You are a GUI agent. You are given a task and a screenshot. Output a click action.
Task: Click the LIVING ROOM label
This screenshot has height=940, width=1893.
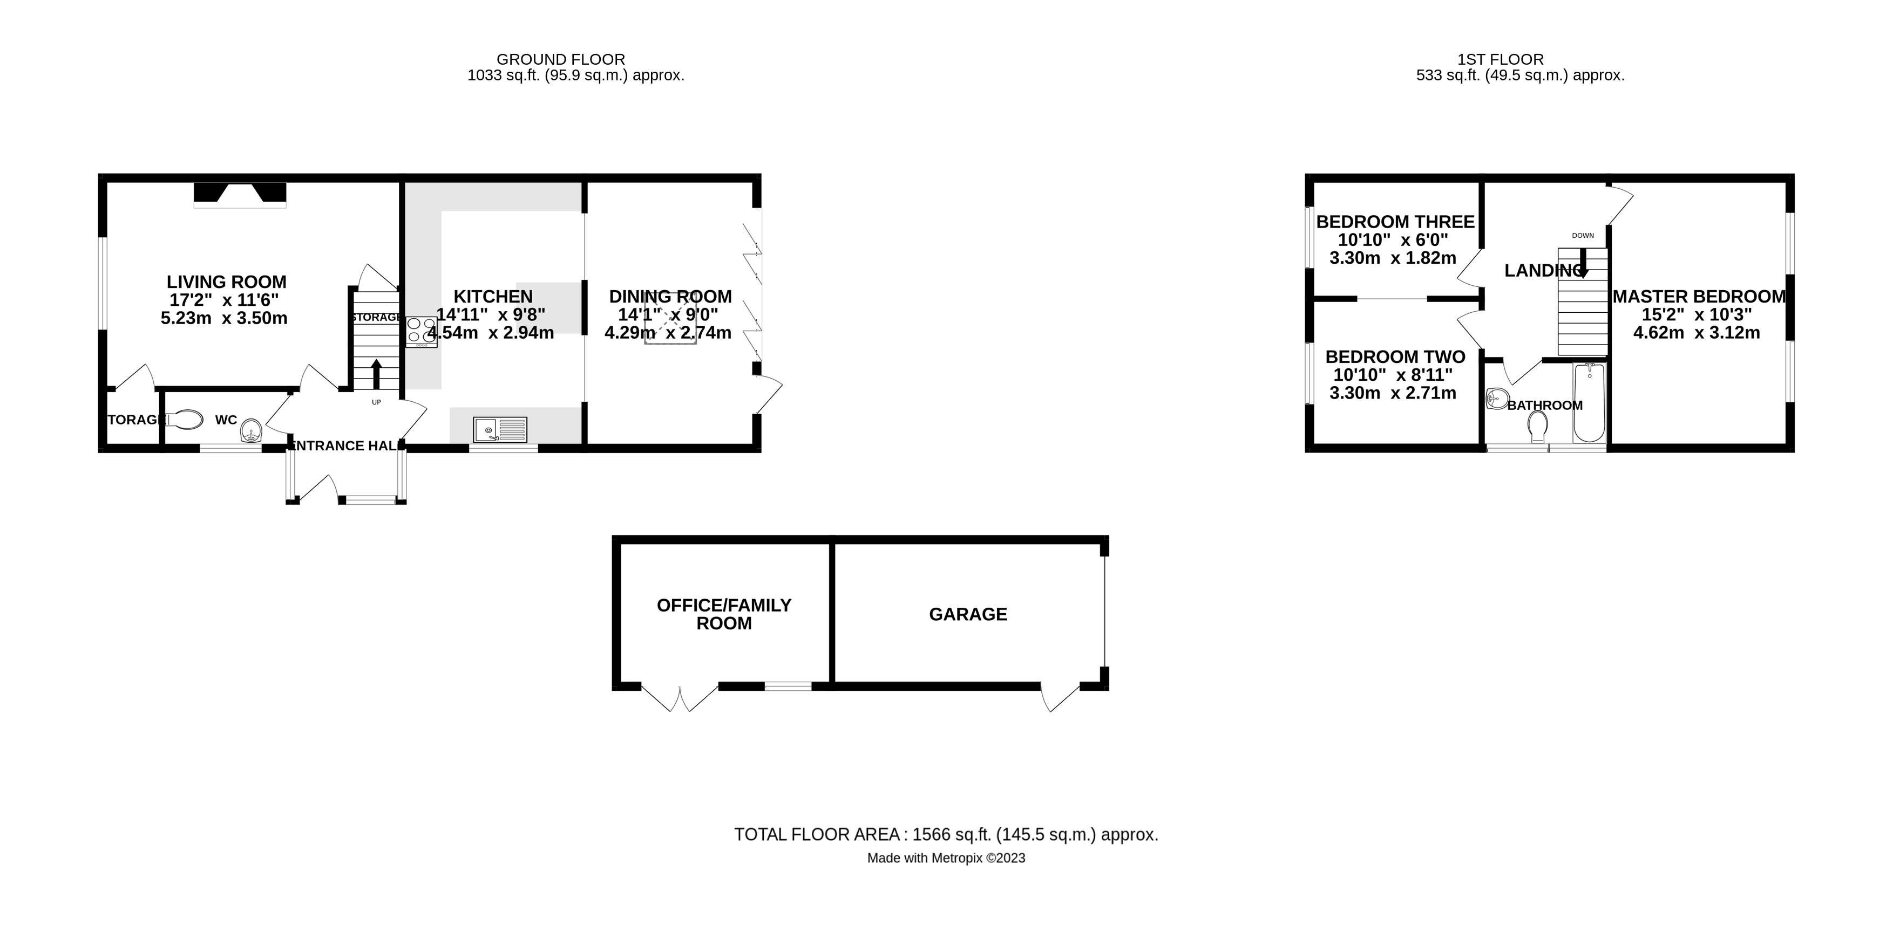click(226, 282)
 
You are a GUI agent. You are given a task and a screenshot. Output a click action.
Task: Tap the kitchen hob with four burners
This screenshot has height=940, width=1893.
click(421, 331)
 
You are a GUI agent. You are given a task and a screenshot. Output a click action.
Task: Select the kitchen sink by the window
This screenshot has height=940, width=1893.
click(500, 430)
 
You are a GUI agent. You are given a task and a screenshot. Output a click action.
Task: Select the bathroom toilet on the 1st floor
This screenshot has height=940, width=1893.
click(1537, 427)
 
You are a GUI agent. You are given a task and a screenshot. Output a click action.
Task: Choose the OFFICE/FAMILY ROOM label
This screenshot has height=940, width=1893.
click(724, 614)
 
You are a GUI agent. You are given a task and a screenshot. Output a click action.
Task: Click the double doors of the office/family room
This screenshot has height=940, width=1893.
click(680, 698)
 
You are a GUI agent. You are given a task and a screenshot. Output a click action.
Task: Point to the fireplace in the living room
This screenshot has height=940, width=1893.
click(240, 195)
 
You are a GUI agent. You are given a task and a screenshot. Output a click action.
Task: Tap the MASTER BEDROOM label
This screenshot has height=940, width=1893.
click(1699, 297)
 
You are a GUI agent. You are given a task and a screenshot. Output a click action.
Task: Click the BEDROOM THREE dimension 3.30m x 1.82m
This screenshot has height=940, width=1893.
click(1393, 258)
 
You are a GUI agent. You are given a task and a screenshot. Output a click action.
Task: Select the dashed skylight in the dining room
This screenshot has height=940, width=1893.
click(670, 317)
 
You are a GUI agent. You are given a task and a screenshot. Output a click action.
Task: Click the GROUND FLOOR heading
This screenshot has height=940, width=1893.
click(561, 59)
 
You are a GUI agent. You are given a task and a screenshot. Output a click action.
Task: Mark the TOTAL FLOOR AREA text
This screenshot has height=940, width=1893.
click(946, 835)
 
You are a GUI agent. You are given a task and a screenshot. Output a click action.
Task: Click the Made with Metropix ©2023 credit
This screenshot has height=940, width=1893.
click(946, 857)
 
